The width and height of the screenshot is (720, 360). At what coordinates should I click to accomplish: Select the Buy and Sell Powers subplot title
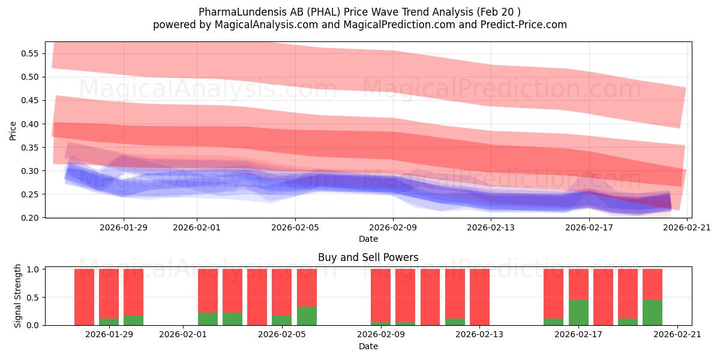click(x=368, y=257)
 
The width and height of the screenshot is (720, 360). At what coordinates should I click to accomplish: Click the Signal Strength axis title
click(x=18, y=296)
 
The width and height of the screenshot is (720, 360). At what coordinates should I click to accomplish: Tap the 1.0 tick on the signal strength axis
click(x=33, y=269)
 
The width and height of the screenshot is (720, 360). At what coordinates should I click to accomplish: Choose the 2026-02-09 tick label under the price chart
click(x=393, y=227)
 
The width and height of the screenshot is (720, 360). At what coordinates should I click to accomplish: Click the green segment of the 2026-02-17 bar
click(x=578, y=313)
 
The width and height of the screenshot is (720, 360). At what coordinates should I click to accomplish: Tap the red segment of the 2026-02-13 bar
click(x=479, y=297)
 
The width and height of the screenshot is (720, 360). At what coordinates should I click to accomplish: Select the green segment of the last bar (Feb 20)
click(x=652, y=313)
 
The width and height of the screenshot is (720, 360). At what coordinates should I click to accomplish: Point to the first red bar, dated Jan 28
click(x=84, y=297)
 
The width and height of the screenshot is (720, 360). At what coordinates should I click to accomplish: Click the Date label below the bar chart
click(x=368, y=346)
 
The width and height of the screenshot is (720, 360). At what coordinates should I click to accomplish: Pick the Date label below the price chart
click(x=368, y=239)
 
